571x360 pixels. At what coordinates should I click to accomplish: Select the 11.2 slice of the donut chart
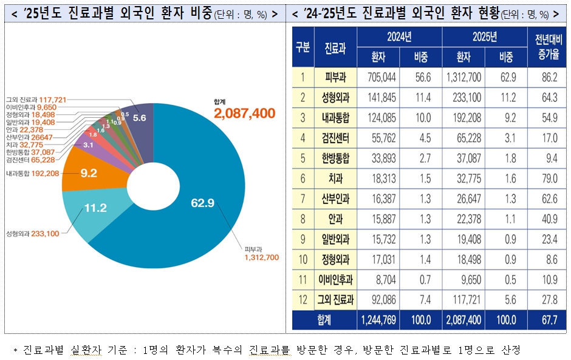pos(95,208)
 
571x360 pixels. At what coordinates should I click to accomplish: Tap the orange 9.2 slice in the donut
pos(89,172)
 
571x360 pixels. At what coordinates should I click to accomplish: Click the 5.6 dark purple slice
pos(139,118)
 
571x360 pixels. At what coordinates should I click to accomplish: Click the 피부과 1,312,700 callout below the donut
pos(261,254)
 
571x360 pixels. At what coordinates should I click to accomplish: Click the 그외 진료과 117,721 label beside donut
pos(36,99)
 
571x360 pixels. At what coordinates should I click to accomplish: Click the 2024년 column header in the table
pos(400,37)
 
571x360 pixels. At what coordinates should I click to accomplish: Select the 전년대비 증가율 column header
pos(545,47)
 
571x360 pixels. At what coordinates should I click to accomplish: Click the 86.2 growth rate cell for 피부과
pos(545,78)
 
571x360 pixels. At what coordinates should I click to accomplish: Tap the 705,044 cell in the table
pos(378,78)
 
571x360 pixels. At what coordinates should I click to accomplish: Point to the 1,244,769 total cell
pos(378,319)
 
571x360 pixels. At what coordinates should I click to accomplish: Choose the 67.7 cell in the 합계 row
pos(545,319)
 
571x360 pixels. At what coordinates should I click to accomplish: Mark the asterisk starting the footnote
pos(15,351)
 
